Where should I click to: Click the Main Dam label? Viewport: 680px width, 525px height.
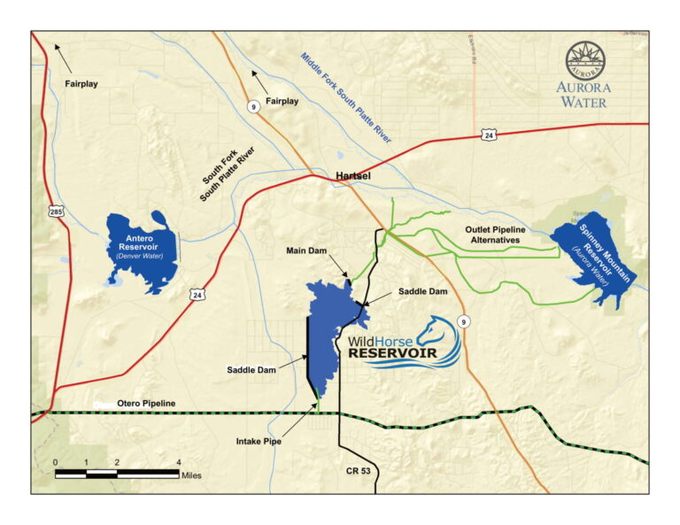306,251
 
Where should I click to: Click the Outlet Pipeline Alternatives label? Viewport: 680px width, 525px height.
496,235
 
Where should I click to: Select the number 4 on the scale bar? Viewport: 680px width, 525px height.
179,463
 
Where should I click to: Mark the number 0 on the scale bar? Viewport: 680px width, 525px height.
55,463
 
